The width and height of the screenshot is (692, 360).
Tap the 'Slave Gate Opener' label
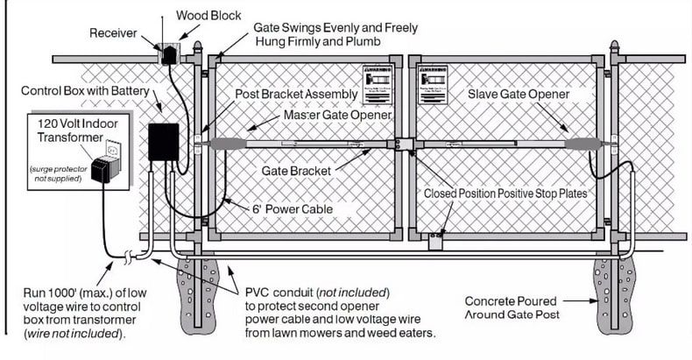tap(518, 94)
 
